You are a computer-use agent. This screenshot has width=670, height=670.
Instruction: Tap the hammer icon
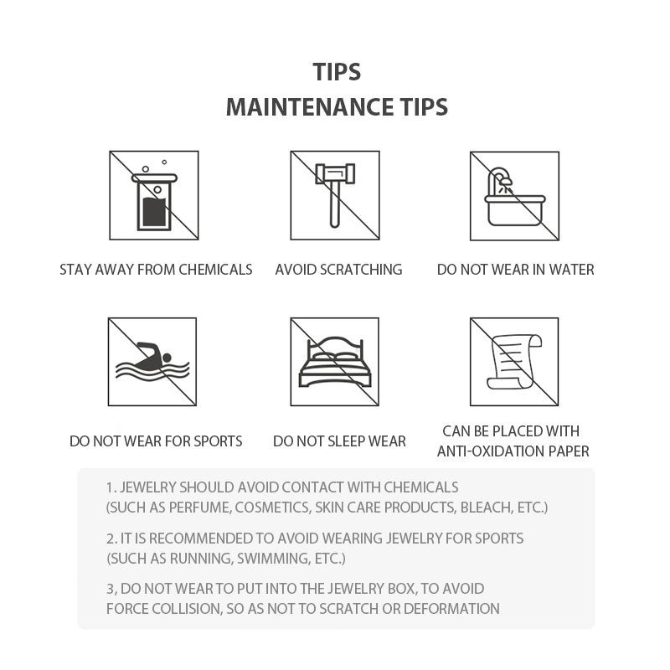click(x=334, y=194)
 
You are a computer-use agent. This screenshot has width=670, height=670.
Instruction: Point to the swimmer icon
click(x=152, y=362)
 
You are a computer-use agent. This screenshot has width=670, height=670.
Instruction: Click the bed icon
click(x=334, y=363)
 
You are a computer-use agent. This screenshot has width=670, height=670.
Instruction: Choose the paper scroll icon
click(x=514, y=362)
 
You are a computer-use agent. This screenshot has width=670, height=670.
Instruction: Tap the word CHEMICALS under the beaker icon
click(x=215, y=270)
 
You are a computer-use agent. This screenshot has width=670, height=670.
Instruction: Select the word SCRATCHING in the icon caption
click(x=361, y=270)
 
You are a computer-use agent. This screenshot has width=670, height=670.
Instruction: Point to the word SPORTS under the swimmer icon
click(x=218, y=441)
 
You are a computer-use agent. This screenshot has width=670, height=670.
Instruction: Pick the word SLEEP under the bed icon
click(x=345, y=441)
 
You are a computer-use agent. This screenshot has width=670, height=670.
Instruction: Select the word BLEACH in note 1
click(x=487, y=508)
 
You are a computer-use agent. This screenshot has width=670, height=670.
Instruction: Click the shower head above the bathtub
click(x=506, y=182)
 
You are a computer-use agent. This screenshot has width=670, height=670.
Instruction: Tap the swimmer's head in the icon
click(x=167, y=358)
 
